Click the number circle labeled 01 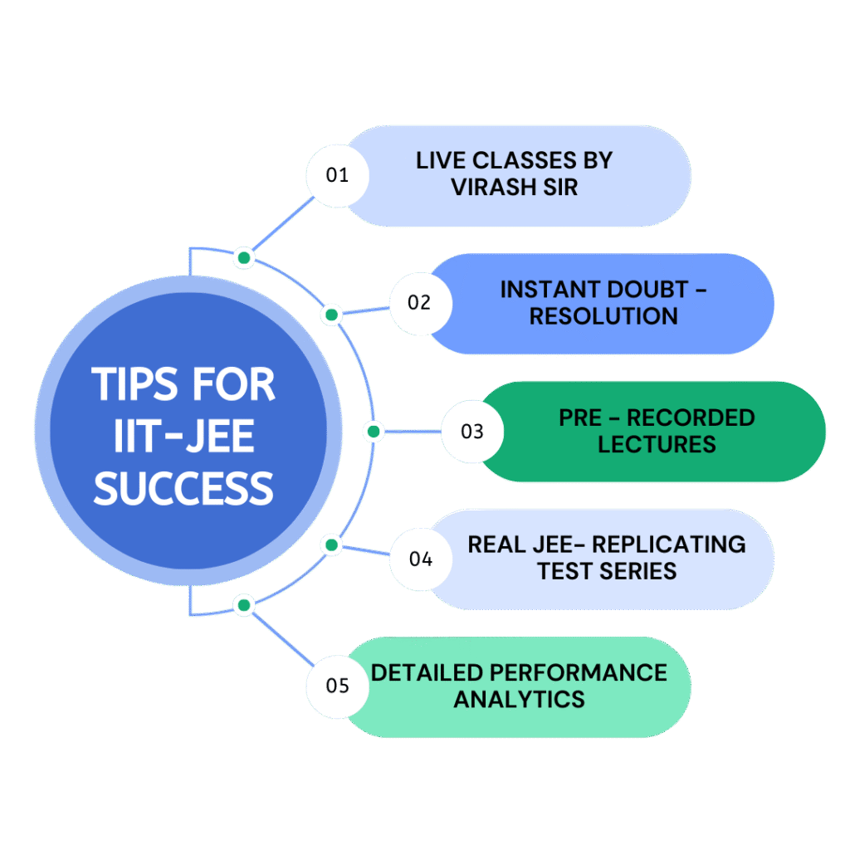(337, 175)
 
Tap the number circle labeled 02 (420, 302)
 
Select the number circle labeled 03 (472, 432)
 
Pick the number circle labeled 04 (421, 559)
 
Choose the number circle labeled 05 (337, 686)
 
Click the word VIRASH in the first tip (492, 187)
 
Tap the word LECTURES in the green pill (657, 444)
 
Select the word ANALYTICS (519, 699)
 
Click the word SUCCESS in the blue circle (183, 488)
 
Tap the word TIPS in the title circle (138, 385)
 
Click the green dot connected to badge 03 (373, 432)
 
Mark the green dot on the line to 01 (243, 258)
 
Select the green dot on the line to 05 (243, 605)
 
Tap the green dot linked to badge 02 (331, 315)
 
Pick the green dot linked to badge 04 (331, 545)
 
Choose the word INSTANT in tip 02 (553, 290)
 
